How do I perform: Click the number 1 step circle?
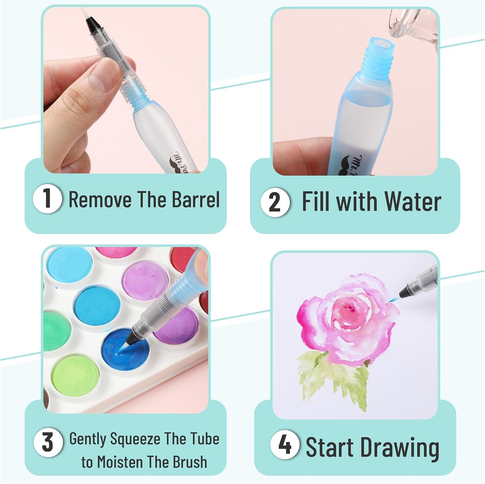pos(47,199)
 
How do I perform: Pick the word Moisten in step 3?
pos(138,462)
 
